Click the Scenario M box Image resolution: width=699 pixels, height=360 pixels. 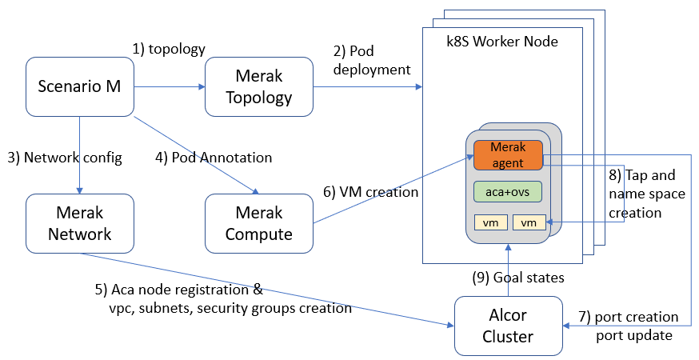point(79,85)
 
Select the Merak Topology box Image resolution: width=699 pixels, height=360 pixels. point(258,85)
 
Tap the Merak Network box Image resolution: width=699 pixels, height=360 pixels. point(79,223)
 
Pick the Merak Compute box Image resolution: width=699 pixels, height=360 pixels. point(258,223)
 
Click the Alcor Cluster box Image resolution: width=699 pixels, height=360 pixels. point(509,325)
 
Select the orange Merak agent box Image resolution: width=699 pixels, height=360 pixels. point(508,155)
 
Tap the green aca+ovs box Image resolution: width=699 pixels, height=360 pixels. point(508,192)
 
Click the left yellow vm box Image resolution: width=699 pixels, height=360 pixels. point(489,223)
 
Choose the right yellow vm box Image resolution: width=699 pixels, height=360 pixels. point(528,223)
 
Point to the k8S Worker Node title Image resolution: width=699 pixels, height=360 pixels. point(501,41)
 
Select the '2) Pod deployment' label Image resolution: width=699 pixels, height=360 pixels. point(372,61)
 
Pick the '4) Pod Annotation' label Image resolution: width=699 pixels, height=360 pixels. point(214,158)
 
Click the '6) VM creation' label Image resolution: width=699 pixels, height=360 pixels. point(370,192)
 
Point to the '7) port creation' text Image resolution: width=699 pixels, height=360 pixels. point(637,317)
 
